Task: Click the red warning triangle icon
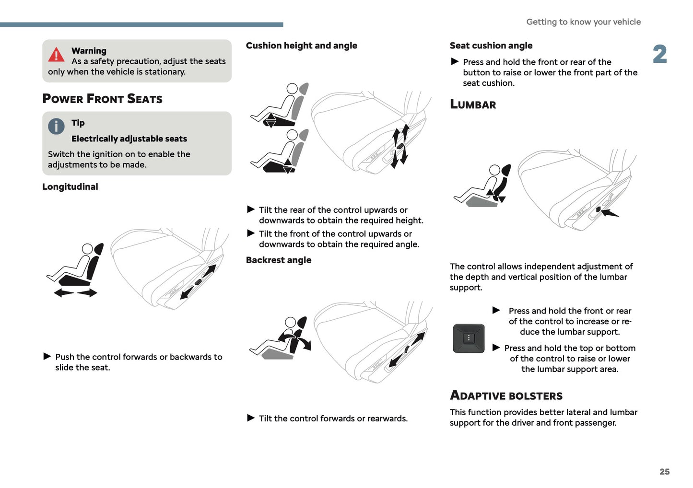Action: click(56, 55)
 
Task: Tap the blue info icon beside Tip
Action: click(56, 127)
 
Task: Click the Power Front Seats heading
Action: click(102, 99)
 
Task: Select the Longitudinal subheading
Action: click(70, 187)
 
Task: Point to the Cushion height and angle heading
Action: click(301, 46)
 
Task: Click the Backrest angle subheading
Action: click(278, 260)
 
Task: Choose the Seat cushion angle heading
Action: click(491, 46)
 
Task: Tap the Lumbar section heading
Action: click(473, 105)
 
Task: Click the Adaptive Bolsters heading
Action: click(506, 395)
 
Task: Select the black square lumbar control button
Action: click(469, 338)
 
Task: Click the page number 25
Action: click(664, 472)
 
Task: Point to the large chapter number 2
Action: click(659, 54)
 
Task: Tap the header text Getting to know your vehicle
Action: click(583, 22)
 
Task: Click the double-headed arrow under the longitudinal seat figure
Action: click(75, 292)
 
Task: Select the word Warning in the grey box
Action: click(89, 51)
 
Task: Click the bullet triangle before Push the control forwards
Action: click(47, 356)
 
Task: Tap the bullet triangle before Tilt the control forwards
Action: click(251, 418)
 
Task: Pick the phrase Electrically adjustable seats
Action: click(129, 139)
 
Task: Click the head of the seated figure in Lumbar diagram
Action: click(494, 170)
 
